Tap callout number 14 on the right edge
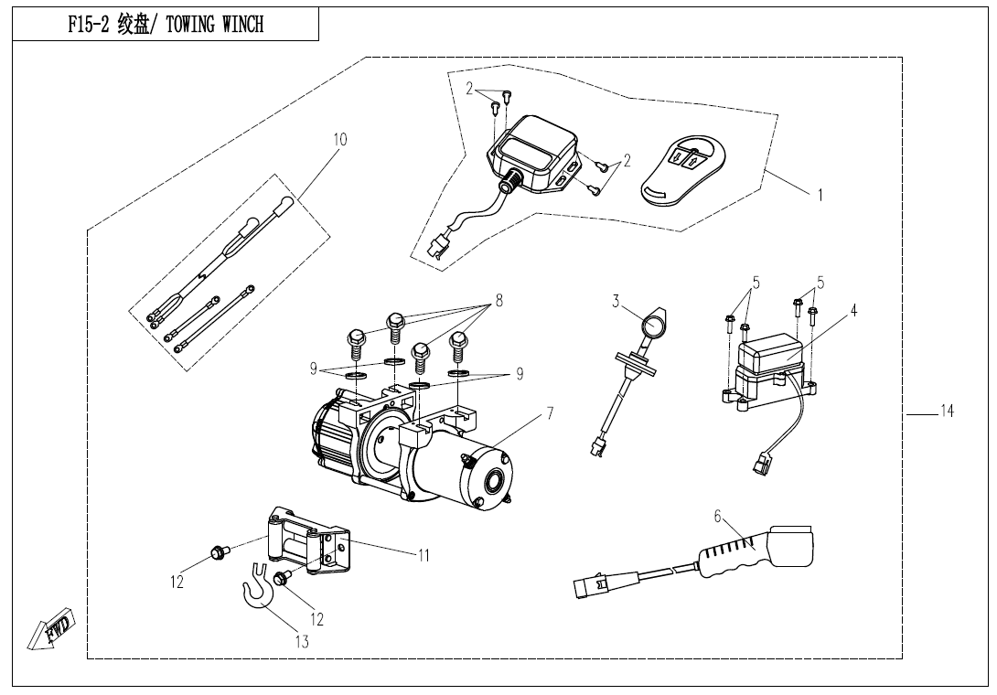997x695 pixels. pyautogui.click(x=947, y=412)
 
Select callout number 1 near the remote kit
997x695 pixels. pyautogui.click(x=820, y=195)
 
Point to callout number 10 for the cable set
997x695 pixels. pyautogui.click(x=339, y=140)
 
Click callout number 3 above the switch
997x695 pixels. pyautogui.click(x=616, y=300)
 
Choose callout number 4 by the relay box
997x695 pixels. pyautogui.click(x=852, y=311)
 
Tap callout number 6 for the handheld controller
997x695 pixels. pyautogui.click(x=720, y=517)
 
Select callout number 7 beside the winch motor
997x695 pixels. pyautogui.click(x=549, y=413)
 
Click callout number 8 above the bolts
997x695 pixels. pyautogui.click(x=498, y=299)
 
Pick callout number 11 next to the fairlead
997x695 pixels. pyautogui.click(x=423, y=554)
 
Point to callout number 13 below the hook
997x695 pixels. pyautogui.click(x=302, y=642)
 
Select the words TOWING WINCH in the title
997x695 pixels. pyautogui.click(x=214, y=25)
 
